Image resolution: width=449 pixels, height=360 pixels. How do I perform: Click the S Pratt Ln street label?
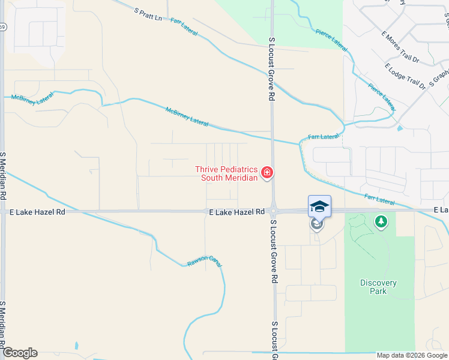(149, 14)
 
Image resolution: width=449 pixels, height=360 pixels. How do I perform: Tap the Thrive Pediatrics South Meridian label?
(226, 174)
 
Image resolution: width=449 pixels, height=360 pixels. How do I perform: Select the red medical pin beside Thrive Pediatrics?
(267, 174)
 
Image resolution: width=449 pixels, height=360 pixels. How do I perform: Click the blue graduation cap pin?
(319, 206)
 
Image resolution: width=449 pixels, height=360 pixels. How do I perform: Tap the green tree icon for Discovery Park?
(381, 222)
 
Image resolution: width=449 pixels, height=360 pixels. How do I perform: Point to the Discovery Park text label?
(378, 287)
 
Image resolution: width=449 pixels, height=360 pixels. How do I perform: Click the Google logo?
(20, 353)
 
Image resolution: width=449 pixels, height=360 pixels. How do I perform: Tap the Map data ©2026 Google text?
(412, 355)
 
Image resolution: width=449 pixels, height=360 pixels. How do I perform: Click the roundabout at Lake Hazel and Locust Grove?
(273, 211)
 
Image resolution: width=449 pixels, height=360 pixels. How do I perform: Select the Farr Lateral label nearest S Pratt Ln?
(184, 28)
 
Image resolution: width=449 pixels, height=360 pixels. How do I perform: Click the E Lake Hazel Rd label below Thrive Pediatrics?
(237, 212)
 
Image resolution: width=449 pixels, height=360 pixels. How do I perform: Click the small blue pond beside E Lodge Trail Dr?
(400, 127)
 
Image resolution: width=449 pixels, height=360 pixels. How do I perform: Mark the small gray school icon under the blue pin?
(316, 224)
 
